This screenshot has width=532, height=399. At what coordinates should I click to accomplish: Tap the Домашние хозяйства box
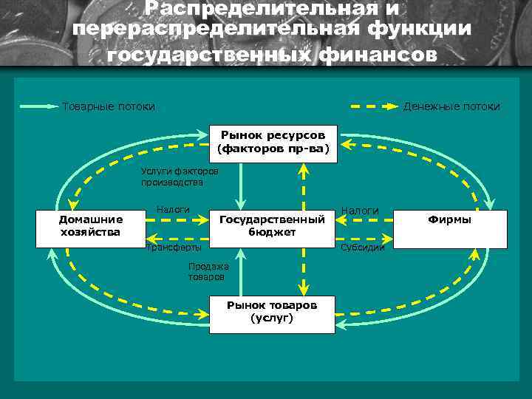[x=91, y=226]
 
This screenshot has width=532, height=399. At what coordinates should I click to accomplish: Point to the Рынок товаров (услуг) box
[x=272, y=311]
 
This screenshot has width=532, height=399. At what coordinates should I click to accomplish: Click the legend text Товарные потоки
[x=109, y=106]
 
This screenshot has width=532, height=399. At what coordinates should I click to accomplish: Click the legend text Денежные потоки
[x=451, y=106]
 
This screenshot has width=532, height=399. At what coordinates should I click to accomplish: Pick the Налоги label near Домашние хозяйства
[x=173, y=210]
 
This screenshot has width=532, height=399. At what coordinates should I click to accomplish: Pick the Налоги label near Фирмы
[x=360, y=211]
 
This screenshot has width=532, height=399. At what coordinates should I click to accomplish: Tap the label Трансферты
[x=173, y=248]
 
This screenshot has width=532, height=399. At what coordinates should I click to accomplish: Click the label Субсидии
[x=362, y=248]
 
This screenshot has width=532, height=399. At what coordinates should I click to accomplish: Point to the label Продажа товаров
[x=208, y=271]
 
